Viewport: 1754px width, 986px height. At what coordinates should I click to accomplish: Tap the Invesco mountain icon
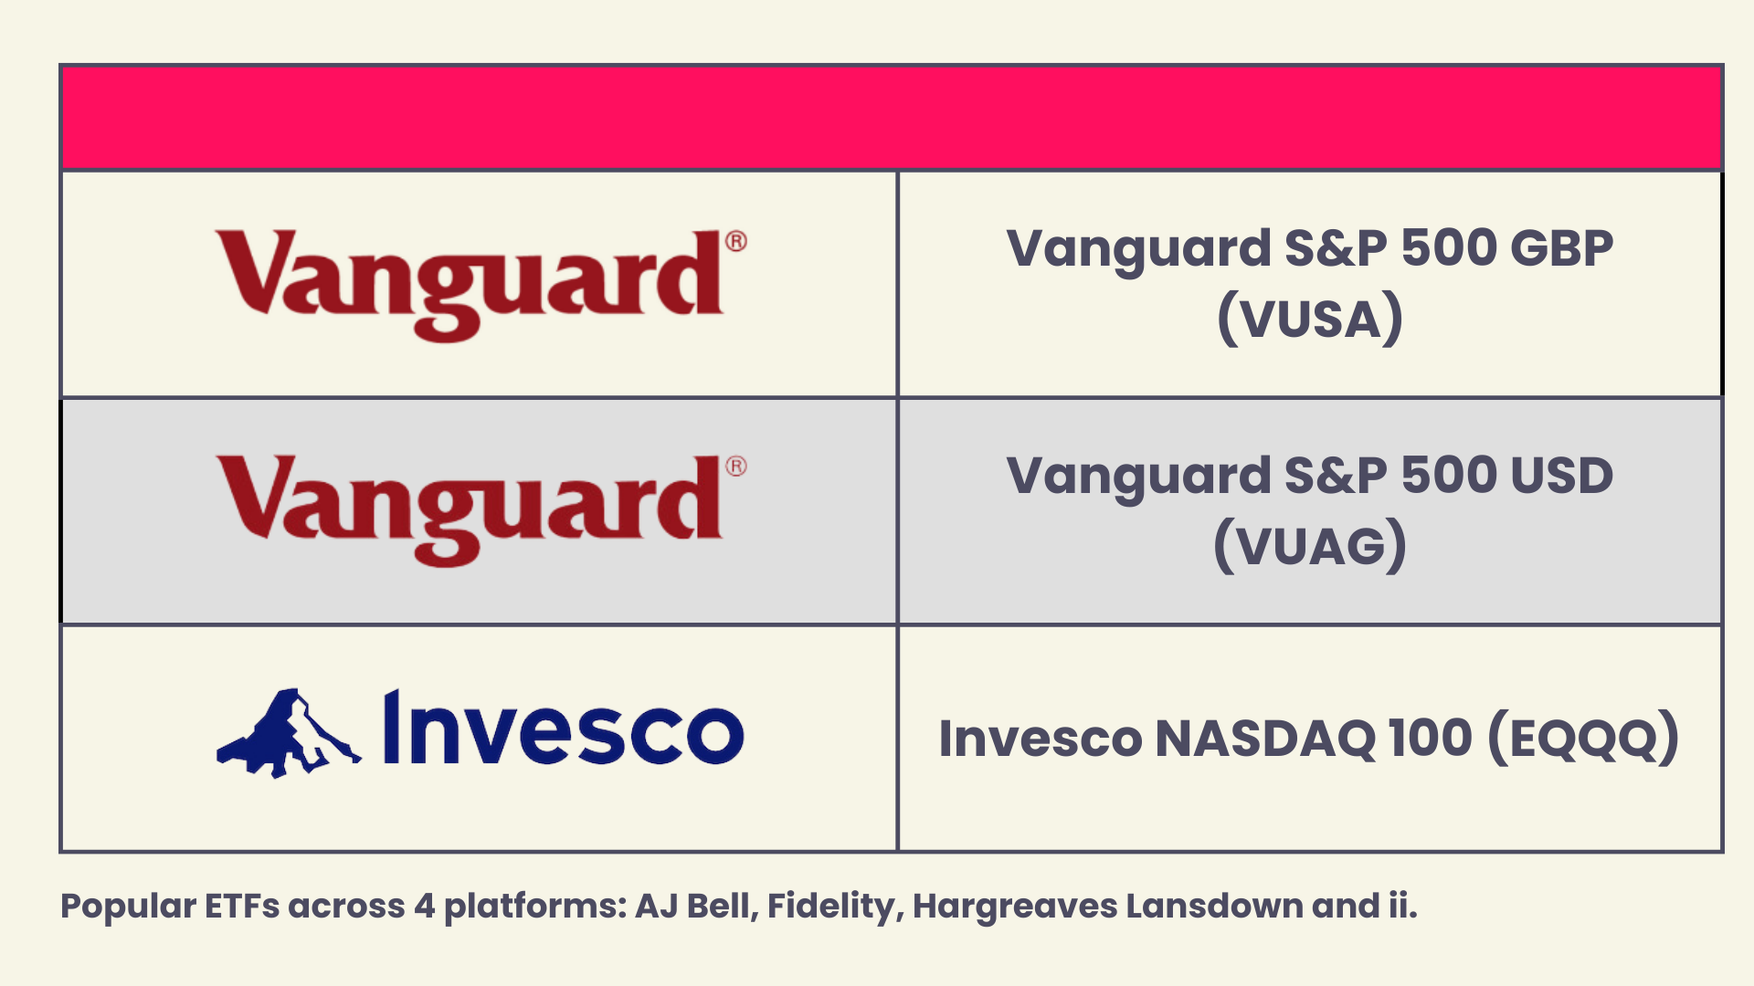[x=288, y=734]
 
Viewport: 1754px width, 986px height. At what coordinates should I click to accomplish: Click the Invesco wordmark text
[x=563, y=730]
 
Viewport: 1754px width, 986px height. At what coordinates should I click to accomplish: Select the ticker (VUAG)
[x=1309, y=545]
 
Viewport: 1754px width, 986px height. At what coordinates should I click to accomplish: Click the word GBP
[x=1561, y=248]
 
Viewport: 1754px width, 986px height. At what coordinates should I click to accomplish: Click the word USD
[x=1561, y=476]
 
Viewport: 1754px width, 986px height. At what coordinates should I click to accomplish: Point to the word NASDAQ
[x=1265, y=738]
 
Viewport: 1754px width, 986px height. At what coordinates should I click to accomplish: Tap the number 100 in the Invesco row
[x=1430, y=738]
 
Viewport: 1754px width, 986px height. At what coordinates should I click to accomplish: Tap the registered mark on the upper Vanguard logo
[x=736, y=242]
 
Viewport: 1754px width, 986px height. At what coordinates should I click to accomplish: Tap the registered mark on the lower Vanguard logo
[x=736, y=467]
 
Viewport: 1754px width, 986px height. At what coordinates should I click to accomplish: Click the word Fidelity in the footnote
[x=834, y=907]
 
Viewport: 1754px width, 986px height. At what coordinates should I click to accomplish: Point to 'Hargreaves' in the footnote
[x=1015, y=907]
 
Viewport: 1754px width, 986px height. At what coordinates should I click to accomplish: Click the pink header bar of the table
[x=891, y=117]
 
